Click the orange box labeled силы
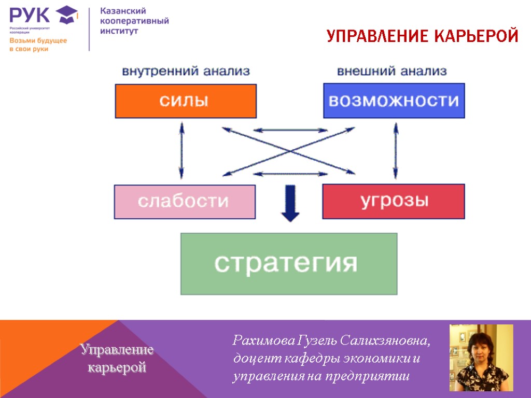pyautogui.click(x=186, y=101)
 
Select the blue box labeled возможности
pyautogui.click(x=394, y=101)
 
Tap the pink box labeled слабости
pyautogui.click(x=185, y=201)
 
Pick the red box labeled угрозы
pyautogui.click(x=394, y=201)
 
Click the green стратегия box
pyautogui.click(x=288, y=264)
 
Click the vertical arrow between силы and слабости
pyautogui.click(x=181, y=151)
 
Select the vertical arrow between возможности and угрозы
pyautogui.click(x=396, y=151)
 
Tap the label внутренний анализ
pyautogui.click(x=186, y=71)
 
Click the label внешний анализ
pyautogui.click(x=392, y=71)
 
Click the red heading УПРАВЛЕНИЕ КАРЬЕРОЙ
pyautogui.click(x=423, y=36)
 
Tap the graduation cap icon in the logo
pyautogui.click(x=67, y=15)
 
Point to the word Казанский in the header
pyautogui.click(x=123, y=11)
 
